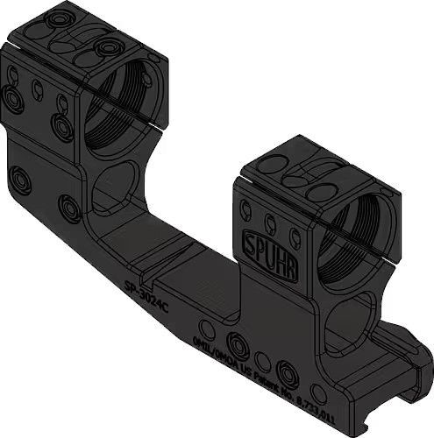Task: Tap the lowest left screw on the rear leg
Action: click(20, 182)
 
